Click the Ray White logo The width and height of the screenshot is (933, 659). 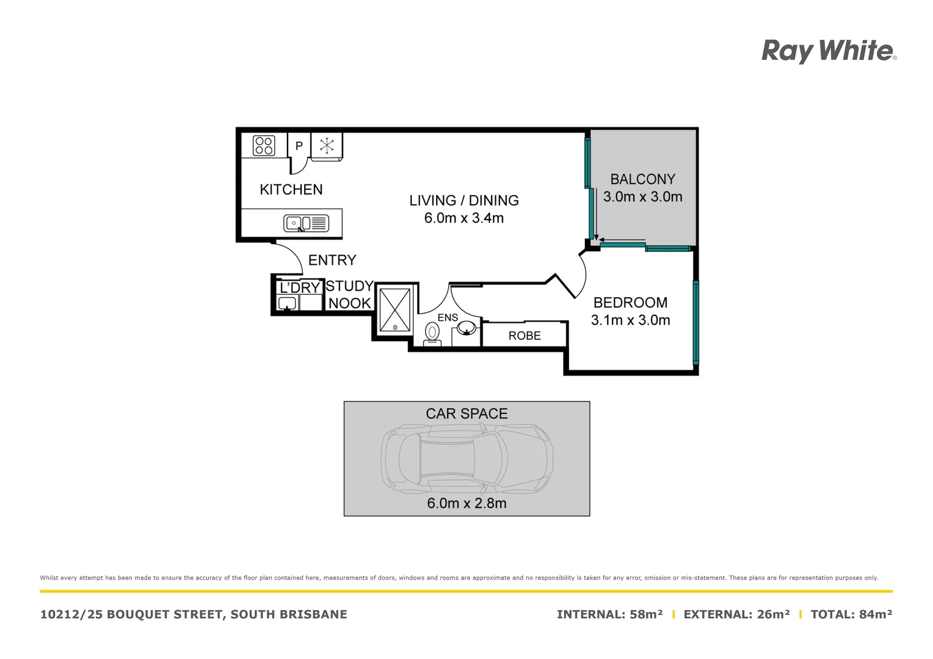[x=829, y=51]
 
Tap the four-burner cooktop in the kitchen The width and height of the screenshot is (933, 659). [x=264, y=146]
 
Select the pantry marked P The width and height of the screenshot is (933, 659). [x=299, y=146]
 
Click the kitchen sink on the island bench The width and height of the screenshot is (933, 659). [x=306, y=223]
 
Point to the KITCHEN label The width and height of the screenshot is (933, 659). [x=291, y=190]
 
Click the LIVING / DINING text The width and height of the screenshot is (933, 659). [x=464, y=200]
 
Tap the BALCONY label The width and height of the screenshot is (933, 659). [x=643, y=179]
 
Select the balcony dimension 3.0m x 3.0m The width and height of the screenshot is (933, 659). [x=643, y=197]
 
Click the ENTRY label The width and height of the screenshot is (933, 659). [x=332, y=261]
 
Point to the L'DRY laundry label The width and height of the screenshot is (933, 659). [x=300, y=287]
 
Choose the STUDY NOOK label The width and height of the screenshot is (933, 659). [x=349, y=295]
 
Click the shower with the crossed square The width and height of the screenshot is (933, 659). [x=395, y=310]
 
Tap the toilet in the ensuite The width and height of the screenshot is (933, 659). [x=432, y=334]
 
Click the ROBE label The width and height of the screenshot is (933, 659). [x=525, y=336]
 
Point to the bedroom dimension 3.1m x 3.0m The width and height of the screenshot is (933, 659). [x=631, y=320]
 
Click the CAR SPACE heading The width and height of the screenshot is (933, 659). [x=466, y=414]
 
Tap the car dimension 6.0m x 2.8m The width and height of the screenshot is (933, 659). [x=466, y=503]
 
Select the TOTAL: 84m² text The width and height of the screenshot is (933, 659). [x=851, y=614]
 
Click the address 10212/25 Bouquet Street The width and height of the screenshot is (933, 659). [x=194, y=614]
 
